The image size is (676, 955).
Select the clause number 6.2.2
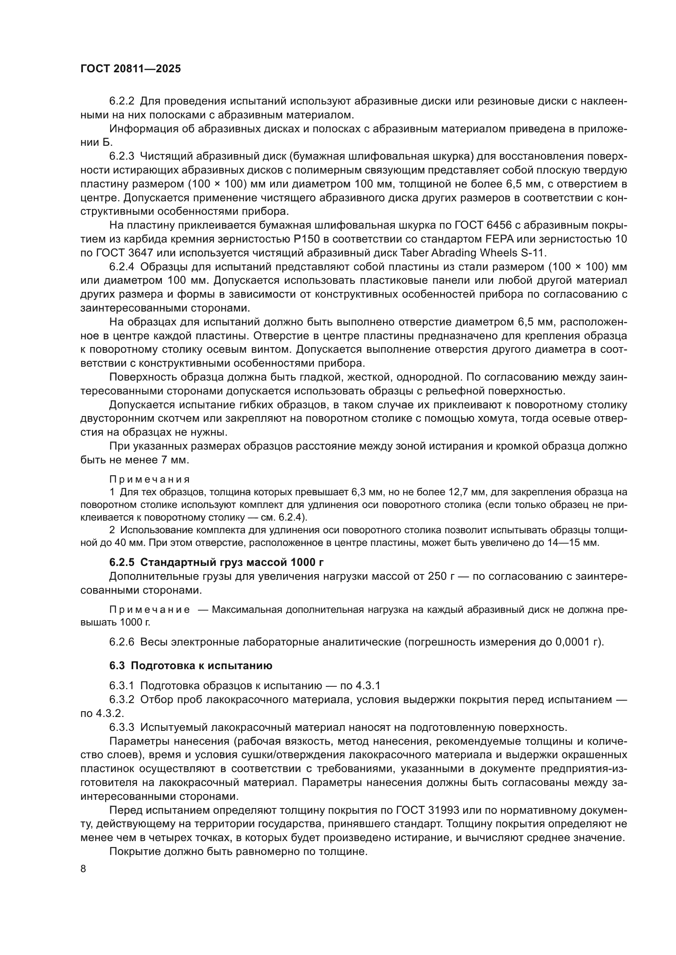[121, 101]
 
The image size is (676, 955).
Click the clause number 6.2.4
[121, 267]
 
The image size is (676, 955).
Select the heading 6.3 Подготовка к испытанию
[191, 666]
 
